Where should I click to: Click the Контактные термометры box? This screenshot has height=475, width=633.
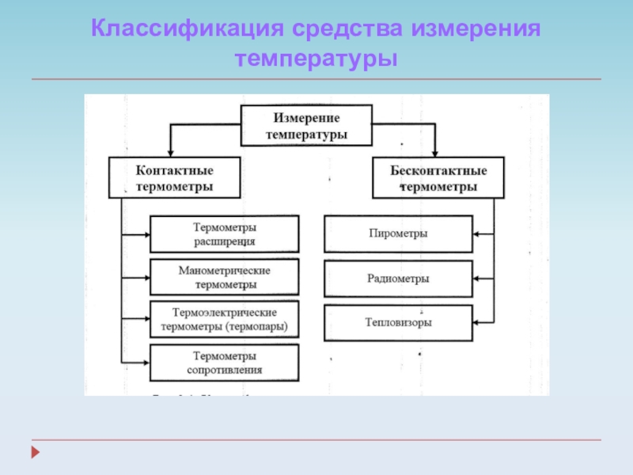click(x=174, y=178)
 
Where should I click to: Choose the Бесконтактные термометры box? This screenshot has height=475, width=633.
click(x=438, y=178)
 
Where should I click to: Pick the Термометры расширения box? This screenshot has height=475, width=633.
click(x=225, y=234)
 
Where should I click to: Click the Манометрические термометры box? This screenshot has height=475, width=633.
click(x=225, y=277)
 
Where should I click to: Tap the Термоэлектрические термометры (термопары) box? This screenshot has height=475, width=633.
click(x=225, y=319)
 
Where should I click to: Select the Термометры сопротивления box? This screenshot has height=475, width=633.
click(x=225, y=362)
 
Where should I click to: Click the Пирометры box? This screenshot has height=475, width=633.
click(x=398, y=234)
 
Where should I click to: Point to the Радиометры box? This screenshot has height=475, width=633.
click(x=398, y=279)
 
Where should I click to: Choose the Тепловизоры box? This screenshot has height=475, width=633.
click(x=398, y=323)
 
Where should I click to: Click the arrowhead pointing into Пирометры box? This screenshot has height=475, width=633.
click(x=477, y=234)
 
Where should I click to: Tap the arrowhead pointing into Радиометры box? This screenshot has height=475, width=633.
click(x=477, y=279)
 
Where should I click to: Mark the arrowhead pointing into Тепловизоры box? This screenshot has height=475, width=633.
click(x=477, y=323)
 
